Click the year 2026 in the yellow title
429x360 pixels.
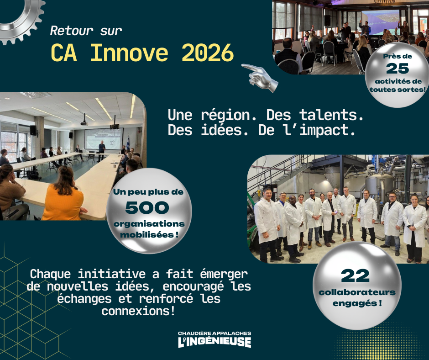pyautogui.click(x=208, y=53)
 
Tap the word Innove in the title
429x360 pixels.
pyautogui.click(x=129, y=53)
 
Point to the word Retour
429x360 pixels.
pyautogui.click(x=72, y=31)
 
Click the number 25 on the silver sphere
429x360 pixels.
pyautogui.click(x=397, y=69)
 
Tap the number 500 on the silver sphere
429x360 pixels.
pyautogui.click(x=147, y=207)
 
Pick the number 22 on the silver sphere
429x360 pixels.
pyautogui.click(x=355, y=275)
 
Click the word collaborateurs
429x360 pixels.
pyautogui.click(x=357, y=292)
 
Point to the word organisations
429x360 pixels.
pyautogui.click(x=149, y=224)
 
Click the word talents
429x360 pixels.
pyautogui.click(x=331, y=115)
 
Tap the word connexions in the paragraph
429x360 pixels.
pyautogui.click(x=138, y=311)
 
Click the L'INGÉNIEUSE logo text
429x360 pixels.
pyautogui.click(x=214, y=342)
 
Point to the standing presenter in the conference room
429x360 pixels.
pyautogui.click(x=102, y=151)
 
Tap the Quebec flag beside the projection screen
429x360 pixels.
pyautogui.click(x=128, y=143)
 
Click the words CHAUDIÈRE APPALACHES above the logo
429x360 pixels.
pyautogui.click(x=214, y=333)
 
